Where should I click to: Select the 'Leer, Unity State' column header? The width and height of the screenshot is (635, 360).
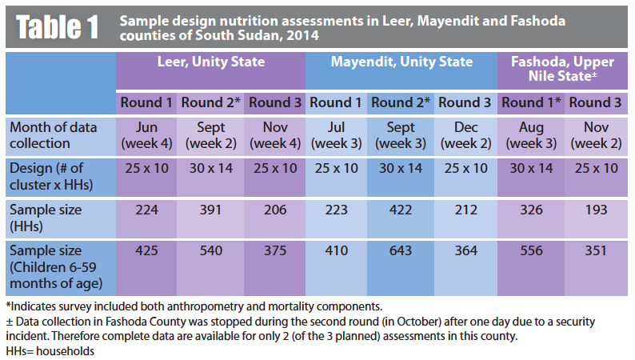coord(211,62)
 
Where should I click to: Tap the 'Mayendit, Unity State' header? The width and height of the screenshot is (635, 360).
coord(401,62)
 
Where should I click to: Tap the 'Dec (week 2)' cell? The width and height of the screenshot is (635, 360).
coord(465,135)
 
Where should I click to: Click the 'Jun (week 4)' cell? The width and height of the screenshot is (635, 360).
coord(148,135)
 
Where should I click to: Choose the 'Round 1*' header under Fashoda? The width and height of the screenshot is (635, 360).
coord(531,103)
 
